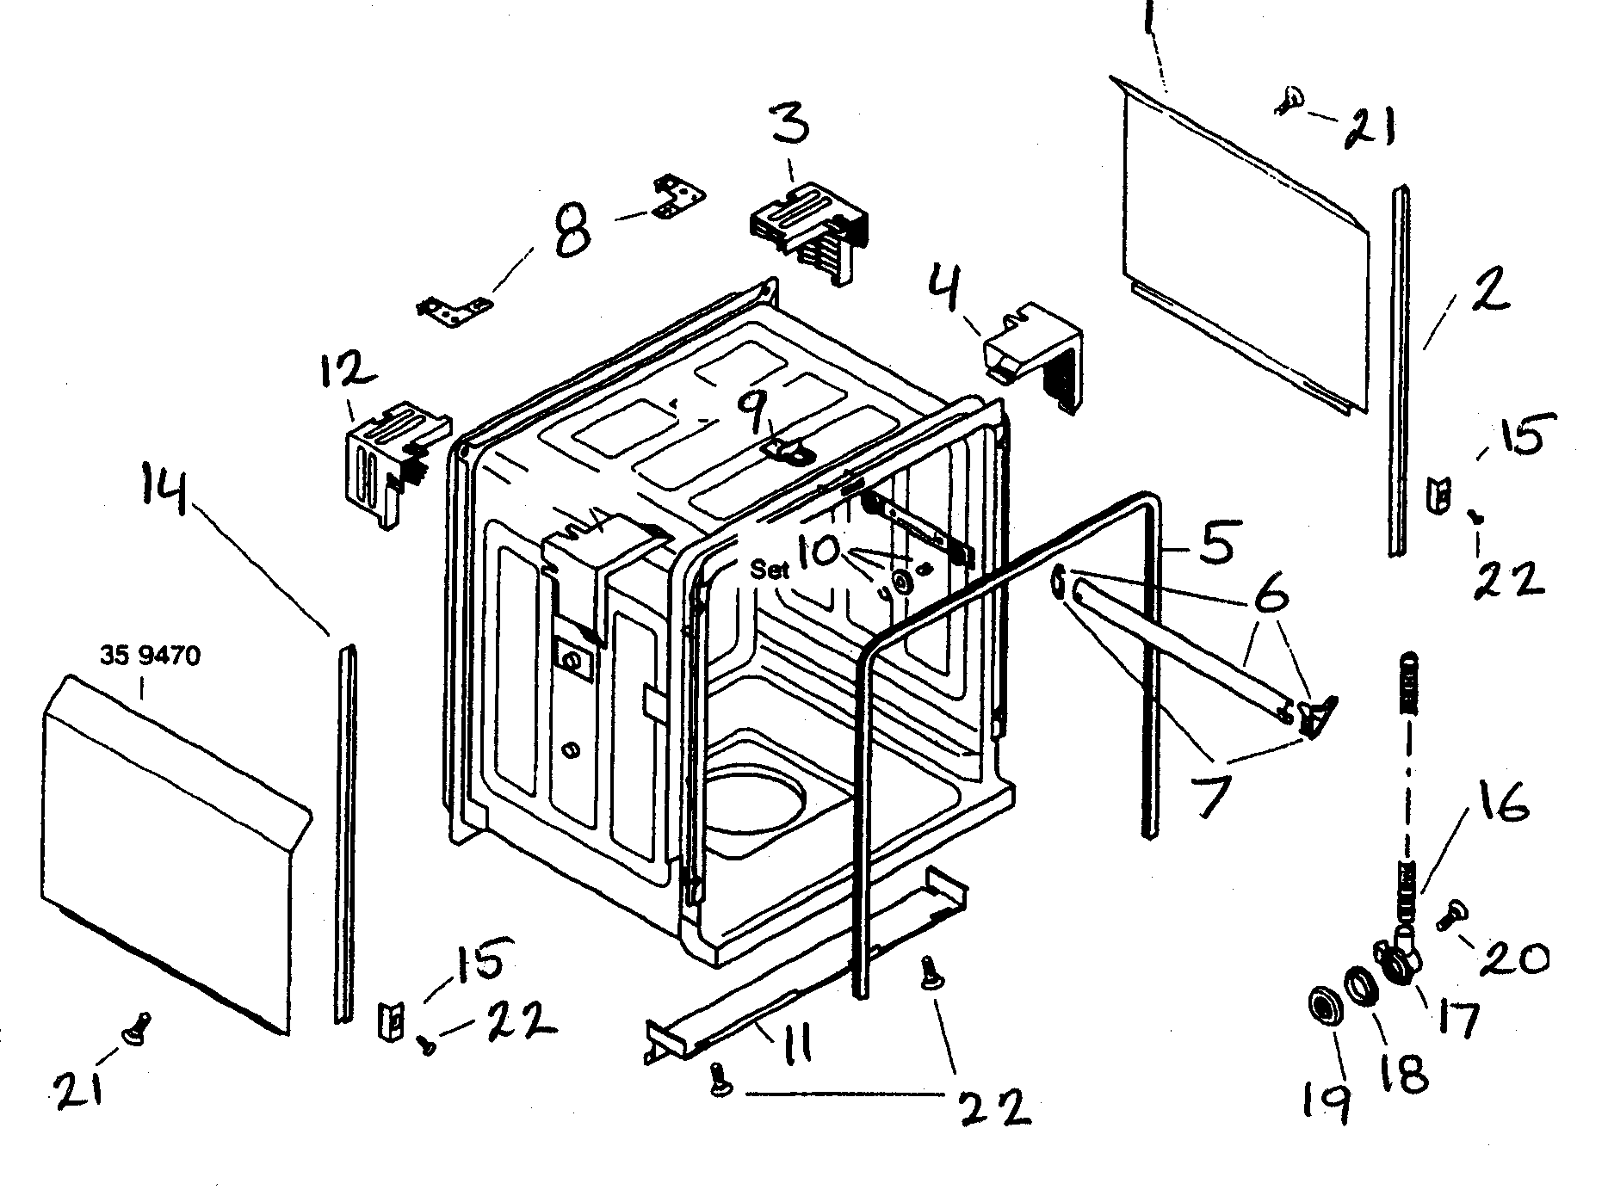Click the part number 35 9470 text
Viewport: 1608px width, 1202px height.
click(150, 656)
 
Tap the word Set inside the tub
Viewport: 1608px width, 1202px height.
click(770, 569)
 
